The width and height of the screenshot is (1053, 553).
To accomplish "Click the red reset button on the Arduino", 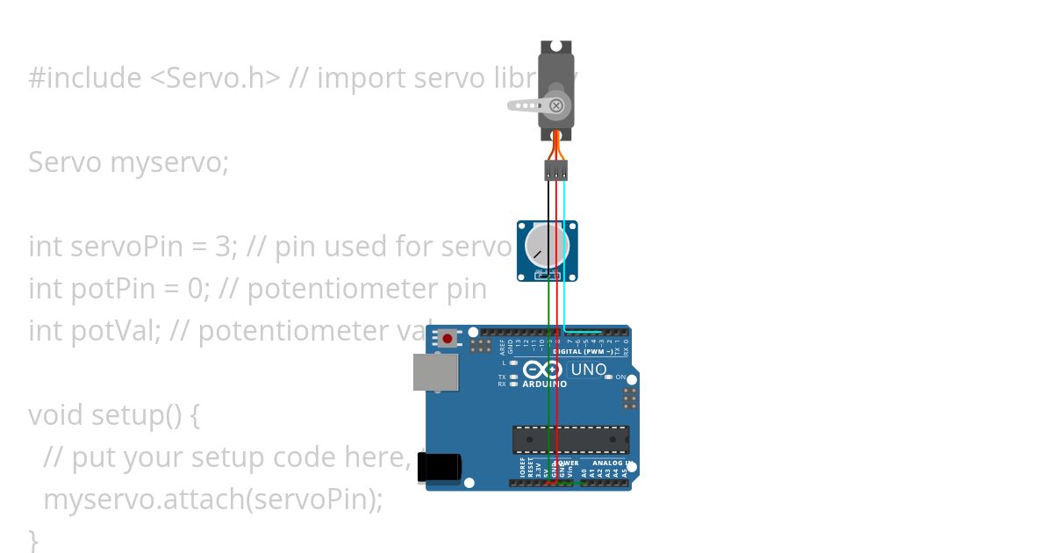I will pyautogui.click(x=448, y=338).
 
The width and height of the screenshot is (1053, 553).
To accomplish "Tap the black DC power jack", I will pyautogui.click(x=439, y=466).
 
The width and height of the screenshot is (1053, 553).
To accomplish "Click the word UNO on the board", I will pyautogui.click(x=588, y=370).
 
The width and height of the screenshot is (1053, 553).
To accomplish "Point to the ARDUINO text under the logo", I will pyautogui.click(x=544, y=384).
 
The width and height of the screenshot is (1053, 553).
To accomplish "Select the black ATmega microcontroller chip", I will pyautogui.click(x=571, y=439).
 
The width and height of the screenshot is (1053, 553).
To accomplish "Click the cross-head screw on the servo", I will pyautogui.click(x=555, y=105).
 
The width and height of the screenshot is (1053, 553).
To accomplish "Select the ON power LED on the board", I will pyautogui.click(x=609, y=377).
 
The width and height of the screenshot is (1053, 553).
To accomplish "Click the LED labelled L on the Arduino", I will pyautogui.click(x=513, y=363).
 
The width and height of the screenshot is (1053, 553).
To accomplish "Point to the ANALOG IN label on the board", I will pyautogui.click(x=611, y=463).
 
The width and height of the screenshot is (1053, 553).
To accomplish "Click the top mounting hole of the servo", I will pyautogui.click(x=555, y=47).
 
